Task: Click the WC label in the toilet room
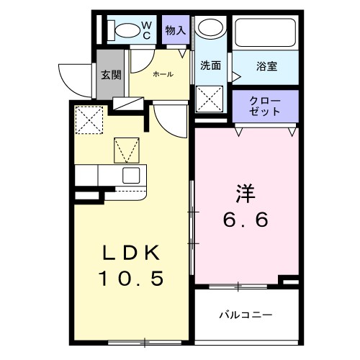point(145,30)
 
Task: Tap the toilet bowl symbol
point(127,30)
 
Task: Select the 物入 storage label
point(175,30)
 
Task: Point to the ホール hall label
point(162,73)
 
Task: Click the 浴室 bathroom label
point(267,66)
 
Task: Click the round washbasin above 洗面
point(211,30)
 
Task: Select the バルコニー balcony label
point(246,315)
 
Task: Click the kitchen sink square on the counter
point(132,176)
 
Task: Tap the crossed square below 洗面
point(210,99)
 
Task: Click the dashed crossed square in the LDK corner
point(89,120)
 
